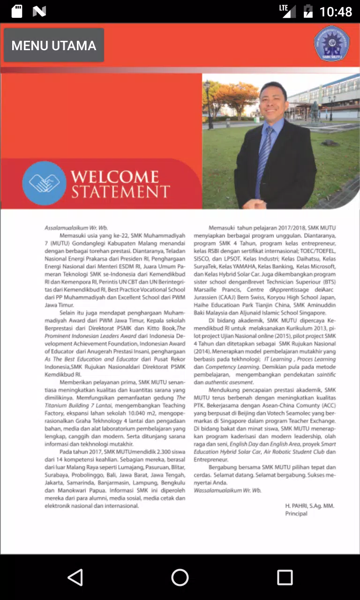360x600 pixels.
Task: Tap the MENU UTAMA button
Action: tap(54, 45)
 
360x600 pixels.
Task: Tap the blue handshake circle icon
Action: tap(44, 183)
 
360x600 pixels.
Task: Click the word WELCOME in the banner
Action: tap(115, 177)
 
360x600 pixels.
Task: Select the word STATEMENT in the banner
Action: tap(120, 192)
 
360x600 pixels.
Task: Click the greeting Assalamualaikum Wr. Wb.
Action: tap(76, 228)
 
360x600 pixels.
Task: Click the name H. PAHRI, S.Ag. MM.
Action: tap(310, 506)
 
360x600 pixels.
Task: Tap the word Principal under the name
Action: tap(296, 513)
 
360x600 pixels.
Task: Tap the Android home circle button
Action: tap(180, 577)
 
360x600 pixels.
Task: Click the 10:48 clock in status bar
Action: tap(336, 11)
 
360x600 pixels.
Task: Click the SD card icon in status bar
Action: tap(17, 11)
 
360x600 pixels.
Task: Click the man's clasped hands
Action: tap(254, 204)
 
